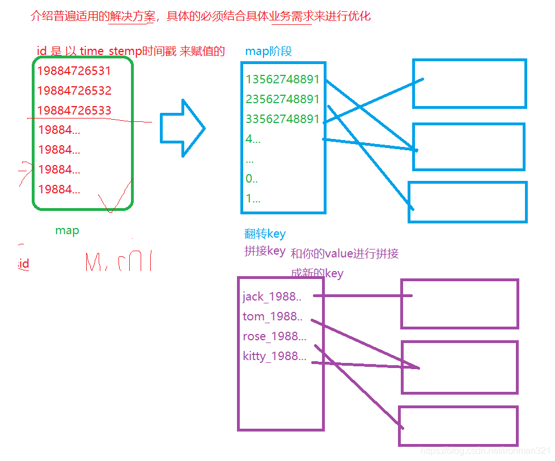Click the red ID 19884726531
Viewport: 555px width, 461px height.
[74, 71]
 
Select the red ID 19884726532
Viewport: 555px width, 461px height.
[74, 91]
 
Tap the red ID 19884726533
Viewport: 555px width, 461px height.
[74, 111]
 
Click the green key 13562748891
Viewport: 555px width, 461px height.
[283, 79]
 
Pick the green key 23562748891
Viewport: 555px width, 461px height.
[283, 99]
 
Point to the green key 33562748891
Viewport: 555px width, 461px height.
[283, 119]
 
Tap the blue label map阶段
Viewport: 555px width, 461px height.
[269, 52]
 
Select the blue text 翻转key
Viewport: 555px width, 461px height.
[265, 234]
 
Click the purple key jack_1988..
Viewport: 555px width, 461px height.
[272, 297]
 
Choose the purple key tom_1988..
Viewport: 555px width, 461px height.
[272, 316]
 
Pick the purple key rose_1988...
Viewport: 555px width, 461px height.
[274, 336]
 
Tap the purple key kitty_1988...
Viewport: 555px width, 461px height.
[274, 356]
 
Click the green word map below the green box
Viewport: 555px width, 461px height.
[67, 231]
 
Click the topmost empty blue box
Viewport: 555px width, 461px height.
[469, 83]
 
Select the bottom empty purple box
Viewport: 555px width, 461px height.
[458, 425]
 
